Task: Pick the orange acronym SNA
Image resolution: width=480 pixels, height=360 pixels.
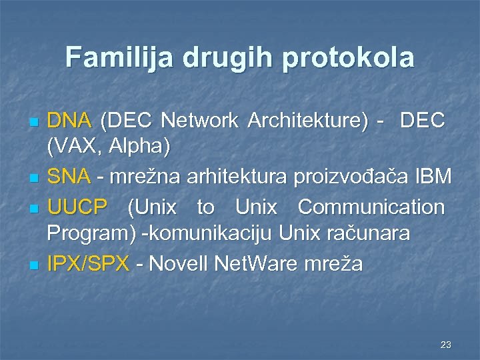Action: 69,177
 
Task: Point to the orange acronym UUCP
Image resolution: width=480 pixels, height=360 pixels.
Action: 77,207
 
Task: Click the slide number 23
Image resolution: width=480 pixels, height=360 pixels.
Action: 446,345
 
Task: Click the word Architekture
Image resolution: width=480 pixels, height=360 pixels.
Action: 307,121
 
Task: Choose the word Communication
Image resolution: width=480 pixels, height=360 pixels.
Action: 371,207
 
